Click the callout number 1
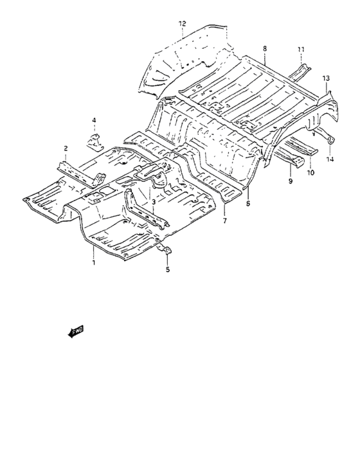(x=94, y=262)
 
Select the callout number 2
(x=66, y=148)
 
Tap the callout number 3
(x=154, y=202)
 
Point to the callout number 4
(x=94, y=120)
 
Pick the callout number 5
(x=168, y=269)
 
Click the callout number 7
(x=224, y=221)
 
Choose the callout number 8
(x=265, y=48)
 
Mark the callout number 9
(x=291, y=181)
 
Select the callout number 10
(x=310, y=172)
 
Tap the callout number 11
(x=301, y=50)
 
